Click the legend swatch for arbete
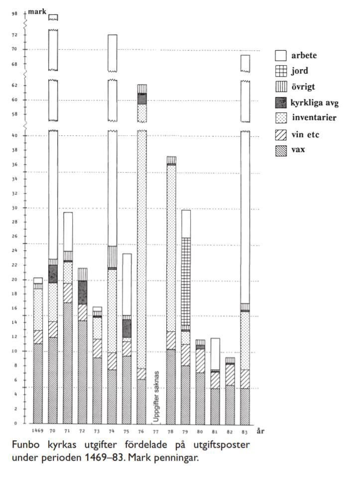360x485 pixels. point(281,56)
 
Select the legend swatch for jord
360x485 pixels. point(281,71)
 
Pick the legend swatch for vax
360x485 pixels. point(281,149)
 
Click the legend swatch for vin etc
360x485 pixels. point(281,134)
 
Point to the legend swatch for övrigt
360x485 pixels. point(281,87)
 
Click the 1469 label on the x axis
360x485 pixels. point(38,429)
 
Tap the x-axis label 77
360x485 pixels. point(155,429)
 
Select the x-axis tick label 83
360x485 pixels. point(244,429)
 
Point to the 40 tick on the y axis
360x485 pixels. point(15,136)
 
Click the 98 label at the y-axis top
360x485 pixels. point(14,13)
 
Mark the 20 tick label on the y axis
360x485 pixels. point(15,280)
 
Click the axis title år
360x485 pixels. point(260,430)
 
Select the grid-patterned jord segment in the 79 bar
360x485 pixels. point(186,281)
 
